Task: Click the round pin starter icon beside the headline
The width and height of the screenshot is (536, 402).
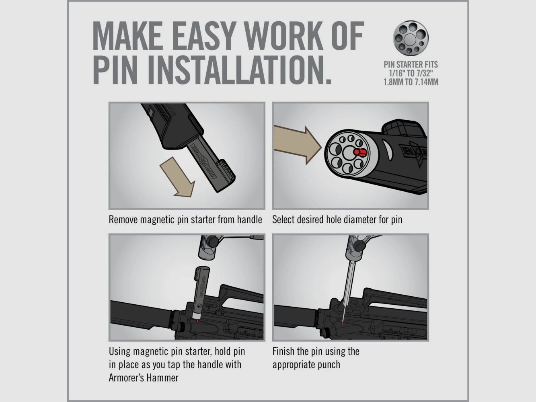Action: point(411,38)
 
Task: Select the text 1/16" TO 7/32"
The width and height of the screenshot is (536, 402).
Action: point(411,73)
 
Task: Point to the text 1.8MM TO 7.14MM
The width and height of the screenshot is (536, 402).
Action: point(411,82)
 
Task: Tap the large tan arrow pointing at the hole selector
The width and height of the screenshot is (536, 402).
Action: point(297,145)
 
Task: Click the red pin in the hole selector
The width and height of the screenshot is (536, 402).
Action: point(360,152)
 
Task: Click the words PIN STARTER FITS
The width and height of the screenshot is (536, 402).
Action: point(411,64)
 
